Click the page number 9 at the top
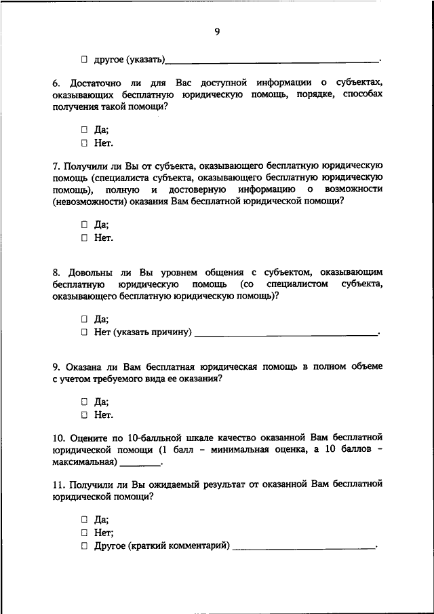pos(217,31)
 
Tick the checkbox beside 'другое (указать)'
pos(85,60)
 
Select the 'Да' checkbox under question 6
pos(85,129)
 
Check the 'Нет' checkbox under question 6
pos(85,142)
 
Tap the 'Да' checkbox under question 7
pos(85,224)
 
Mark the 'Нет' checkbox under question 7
pos(85,237)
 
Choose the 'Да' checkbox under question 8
pos(85,318)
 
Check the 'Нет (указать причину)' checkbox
pos(85,332)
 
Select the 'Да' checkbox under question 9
pos(85,401)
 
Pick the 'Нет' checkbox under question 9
pos(85,415)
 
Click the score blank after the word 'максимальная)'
pos(141,463)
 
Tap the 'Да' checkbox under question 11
pos(85,519)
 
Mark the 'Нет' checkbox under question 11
pos(85,533)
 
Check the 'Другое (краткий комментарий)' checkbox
pos(85,545)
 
